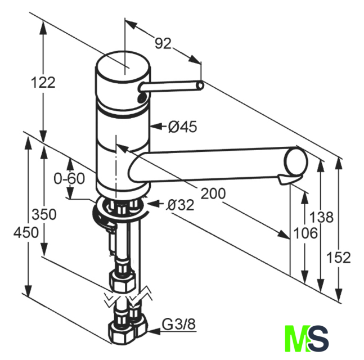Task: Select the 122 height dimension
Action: click(x=43, y=82)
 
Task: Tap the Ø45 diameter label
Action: click(x=183, y=127)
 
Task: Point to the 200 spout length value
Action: click(x=213, y=193)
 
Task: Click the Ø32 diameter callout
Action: click(x=180, y=205)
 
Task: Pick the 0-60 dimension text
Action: click(x=69, y=179)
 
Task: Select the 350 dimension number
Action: click(x=43, y=214)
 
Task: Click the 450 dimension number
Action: click(x=27, y=232)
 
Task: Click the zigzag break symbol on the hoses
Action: click(x=128, y=296)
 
